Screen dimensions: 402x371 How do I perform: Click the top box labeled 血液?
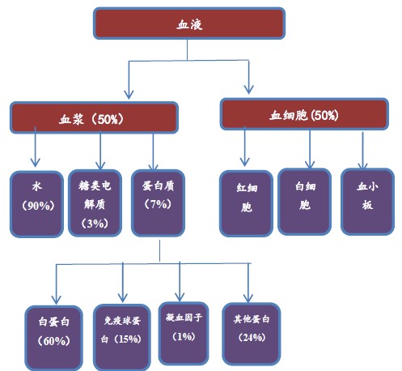pyautogui.click(x=189, y=23)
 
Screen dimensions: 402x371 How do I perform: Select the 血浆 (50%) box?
pyautogui.click(x=94, y=117)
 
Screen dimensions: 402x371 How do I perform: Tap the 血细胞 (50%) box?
pyautogui.click(x=304, y=114)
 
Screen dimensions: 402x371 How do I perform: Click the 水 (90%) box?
pyautogui.click(x=36, y=204)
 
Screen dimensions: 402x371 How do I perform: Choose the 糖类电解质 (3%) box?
pyautogui.click(x=95, y=203)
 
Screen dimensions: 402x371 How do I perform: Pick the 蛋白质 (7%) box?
pyautogui.click(x=158, y=203)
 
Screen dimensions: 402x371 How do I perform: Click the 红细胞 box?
pyautogui.click(x=246, y=203)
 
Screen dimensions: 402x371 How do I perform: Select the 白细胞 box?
pyautogui.click(x=305, y=202)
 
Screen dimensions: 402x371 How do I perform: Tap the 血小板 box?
pyautogui.click(x=368, y=202)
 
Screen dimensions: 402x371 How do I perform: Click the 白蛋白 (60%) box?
pyautogui.click(x=54, y=339)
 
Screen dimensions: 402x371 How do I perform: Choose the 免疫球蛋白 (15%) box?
pyautogui.click(x=122, y=338)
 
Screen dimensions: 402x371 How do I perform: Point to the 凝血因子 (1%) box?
pyautogui.click(x=184, y=334)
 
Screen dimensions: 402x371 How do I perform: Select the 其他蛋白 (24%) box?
pyautogui.click(x=252, y=335)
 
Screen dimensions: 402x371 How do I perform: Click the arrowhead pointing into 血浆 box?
pyautogui.click(x=129, y=95)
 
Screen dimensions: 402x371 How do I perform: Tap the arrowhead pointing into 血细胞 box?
pyautogui.click(x=248, y=89)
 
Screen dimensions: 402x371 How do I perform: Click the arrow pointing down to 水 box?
pyautogui.click(x=36, y=147)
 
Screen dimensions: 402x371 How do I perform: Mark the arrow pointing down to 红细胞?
pyautogui.click(x=244, y=146)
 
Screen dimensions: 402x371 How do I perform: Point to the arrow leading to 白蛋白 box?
pyautogui.click(x=56, y=284)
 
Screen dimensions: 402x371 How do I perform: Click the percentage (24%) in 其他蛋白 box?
pyautogui.click(x=252, y=338)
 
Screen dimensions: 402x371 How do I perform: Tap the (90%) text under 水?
pyautogui.click(x=38, y=206)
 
